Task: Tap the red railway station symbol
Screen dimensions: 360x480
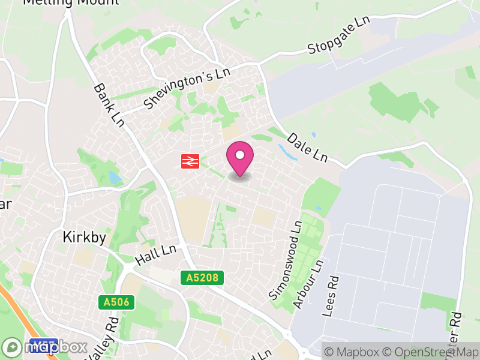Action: (x=190, y=161)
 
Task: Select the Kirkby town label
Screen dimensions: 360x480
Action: (x=85, y=238)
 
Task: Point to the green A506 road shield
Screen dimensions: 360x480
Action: (x=116, y=302)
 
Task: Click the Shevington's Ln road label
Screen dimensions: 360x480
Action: (x=187, y=88)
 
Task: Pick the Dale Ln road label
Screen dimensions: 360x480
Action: (x=307, y=148)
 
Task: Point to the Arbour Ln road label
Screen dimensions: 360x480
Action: (x=308, y=284)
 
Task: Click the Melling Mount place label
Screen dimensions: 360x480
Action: (x=70, y=2)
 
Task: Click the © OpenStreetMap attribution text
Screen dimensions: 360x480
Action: (x=433, y=352)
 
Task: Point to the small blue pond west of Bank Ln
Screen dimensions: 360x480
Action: (x=113, y=176)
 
